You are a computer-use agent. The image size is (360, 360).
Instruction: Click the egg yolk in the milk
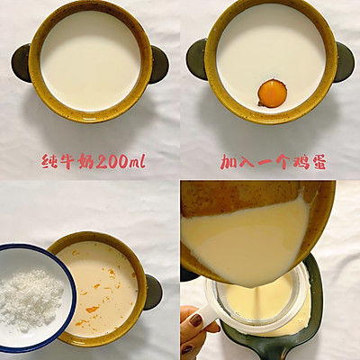coord(271,92)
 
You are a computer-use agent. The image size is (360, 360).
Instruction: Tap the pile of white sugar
coord(31,296)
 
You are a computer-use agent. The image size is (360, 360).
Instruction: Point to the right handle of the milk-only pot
coord(159,62)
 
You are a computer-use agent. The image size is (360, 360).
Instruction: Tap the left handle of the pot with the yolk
coord(195,59)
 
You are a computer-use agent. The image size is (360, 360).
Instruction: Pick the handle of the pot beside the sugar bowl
coord(153,291)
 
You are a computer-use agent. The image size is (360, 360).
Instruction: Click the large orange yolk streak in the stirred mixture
coord(92,309)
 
